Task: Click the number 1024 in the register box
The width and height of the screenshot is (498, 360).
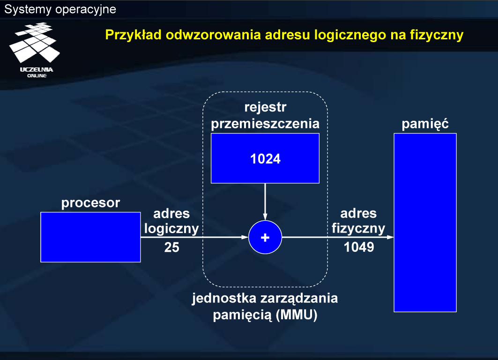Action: coord(265,159)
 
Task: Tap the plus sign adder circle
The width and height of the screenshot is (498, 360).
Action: coord(265,237)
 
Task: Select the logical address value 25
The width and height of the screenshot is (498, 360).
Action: coord(172,247)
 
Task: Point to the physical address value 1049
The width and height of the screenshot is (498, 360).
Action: coord(359,247)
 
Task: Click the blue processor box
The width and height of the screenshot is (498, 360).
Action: coord(90,237)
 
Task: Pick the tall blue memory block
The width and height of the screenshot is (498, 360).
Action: coord(425,222)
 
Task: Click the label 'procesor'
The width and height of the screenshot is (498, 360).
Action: coord(90,203)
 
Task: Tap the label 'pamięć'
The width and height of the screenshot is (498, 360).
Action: coord(425,123)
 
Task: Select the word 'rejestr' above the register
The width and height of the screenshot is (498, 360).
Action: coord(265,107)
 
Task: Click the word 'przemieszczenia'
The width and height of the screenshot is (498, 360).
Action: coord(265,124)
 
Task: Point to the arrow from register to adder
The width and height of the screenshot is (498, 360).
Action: coord(265,202)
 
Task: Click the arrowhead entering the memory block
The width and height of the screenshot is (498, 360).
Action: coord(390,237)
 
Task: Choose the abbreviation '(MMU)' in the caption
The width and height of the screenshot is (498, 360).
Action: coord(297,315)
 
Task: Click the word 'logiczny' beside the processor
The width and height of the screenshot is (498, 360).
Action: coord(171,228)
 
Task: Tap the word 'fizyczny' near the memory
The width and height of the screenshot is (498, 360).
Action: coord(358,228)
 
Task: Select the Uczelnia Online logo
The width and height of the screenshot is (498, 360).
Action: coord(35,50)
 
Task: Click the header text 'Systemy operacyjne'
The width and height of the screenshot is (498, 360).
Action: coord(60,9)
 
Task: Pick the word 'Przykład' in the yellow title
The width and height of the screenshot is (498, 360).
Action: coord(134,35)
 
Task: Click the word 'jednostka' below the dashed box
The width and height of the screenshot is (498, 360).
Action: coord(224,298)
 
